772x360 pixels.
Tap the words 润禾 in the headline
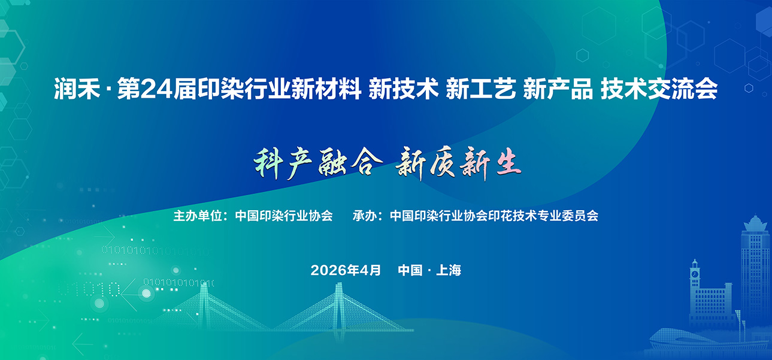[x=77, y=89]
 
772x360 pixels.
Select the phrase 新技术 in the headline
[x=404, y=89]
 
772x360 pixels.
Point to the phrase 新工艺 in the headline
[x=481, y=89]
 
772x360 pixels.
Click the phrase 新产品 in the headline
[x=558, y=89]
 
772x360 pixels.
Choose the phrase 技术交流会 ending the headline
[x=659, y=89]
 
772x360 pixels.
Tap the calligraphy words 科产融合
[x=318, y=163]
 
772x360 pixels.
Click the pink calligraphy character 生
[x=508, y=163]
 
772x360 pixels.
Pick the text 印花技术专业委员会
[x=543, y=216]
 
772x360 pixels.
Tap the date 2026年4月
[x=346, y=270]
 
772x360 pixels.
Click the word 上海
[x=449, y=270]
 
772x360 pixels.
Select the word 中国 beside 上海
[x=410, y=270]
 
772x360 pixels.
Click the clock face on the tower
[x=695, y=274]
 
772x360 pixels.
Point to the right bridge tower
[x=339, y=306]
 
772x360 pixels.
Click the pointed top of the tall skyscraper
[x=755, y=217]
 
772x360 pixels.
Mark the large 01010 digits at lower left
[x=89, y=289]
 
